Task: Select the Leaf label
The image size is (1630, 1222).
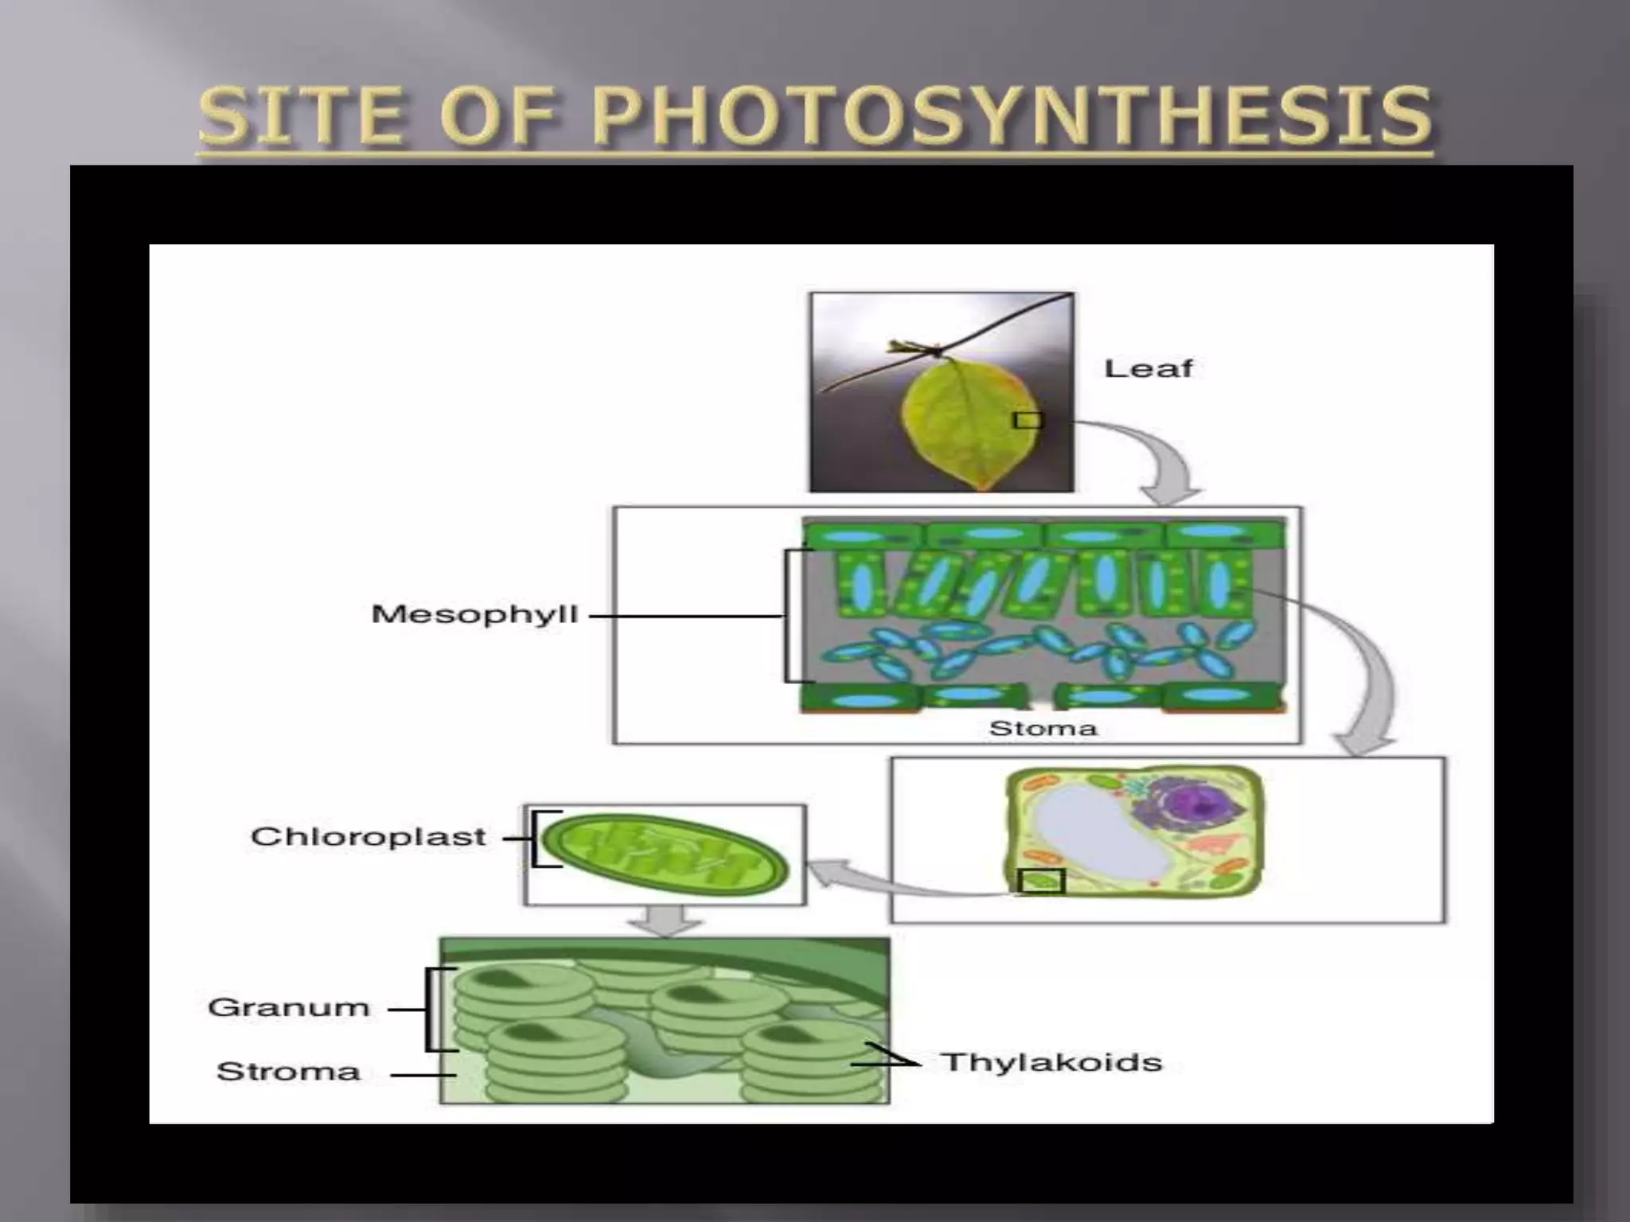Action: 1148,368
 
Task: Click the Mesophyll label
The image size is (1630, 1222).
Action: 474,614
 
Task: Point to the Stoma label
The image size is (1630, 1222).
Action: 1043,728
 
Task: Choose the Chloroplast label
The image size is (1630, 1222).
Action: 368,836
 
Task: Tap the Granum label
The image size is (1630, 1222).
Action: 289,1007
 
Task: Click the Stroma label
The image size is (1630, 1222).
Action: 288,1072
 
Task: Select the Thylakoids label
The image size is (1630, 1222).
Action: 1051,1062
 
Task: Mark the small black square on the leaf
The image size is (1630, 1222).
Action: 1027,419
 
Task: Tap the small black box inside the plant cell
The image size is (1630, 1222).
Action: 1041,881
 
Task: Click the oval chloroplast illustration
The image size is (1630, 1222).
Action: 665,855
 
